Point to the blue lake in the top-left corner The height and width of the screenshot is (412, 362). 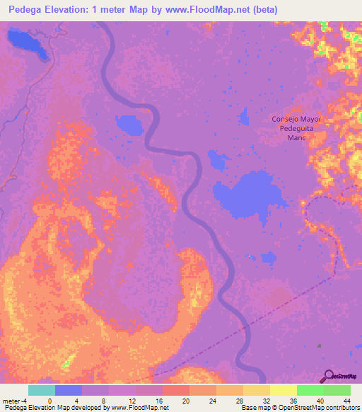click(x=27, y=43)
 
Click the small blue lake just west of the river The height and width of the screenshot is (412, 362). click(x=130, y=125)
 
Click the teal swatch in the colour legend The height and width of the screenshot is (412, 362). click(x=42, y=390)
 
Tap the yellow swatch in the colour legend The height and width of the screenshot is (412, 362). click(x=283, y=390)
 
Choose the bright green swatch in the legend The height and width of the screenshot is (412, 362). click(x=310, y=390)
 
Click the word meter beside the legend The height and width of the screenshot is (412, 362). click(x=10, y=400)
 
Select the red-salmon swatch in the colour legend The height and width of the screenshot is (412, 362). click(x=175, y=390)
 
